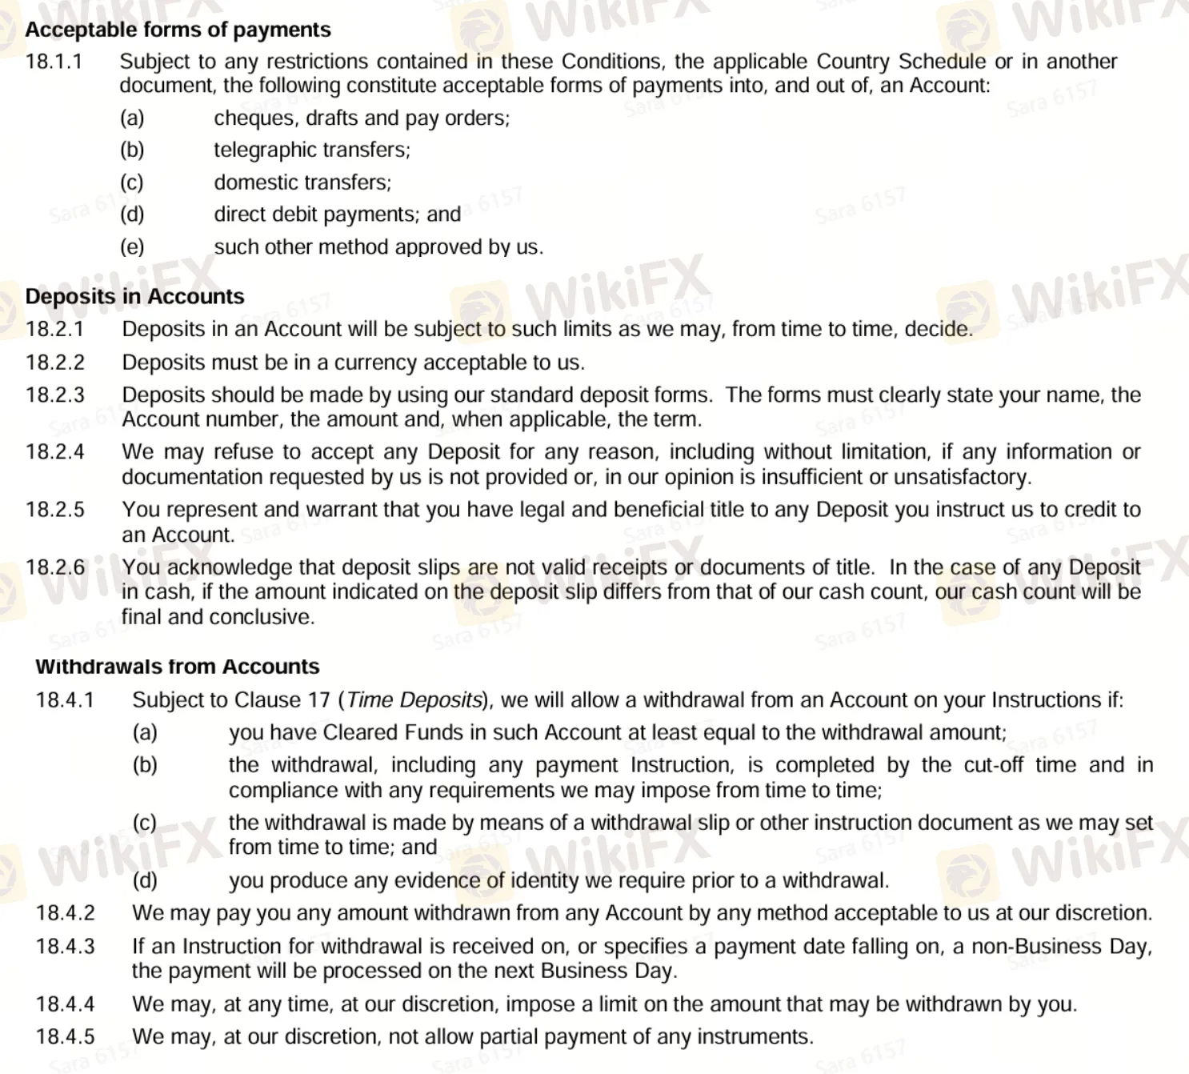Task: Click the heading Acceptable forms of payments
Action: [178, 30]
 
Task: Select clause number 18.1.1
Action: [54, 62]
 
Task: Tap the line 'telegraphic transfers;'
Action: [311, 150]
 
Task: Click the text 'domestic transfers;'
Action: [302, 182]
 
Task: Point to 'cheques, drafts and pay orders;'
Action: [362, 118]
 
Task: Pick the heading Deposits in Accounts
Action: [134, 296]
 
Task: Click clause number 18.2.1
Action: [54, 329]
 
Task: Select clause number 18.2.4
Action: [54, 452]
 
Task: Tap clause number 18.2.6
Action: [54, 567]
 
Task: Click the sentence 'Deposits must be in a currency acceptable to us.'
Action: [353, 363]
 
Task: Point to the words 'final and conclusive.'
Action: [218, 617]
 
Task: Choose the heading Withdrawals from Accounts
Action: [177, 667]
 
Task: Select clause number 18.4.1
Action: [64, 700]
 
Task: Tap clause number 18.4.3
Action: [64, 947]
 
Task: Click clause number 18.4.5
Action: [64, 1037]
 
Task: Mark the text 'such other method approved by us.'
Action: [378, 247]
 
